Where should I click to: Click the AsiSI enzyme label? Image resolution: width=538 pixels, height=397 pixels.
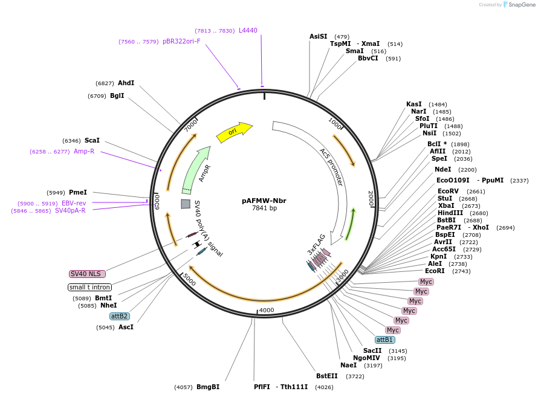click(x=318, y=36)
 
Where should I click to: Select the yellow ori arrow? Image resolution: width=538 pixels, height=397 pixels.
click(x=234, y=132)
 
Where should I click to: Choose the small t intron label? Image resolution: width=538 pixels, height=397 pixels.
click(x=89, y=287)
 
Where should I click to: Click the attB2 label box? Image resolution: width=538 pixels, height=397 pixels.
click(x=119, y=316)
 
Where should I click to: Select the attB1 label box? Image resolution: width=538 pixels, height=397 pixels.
click(x=384, y=340)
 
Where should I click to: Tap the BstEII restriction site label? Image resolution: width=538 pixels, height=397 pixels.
click(x=327, y=376)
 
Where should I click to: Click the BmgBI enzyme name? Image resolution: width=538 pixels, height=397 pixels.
click(x=208, y=387)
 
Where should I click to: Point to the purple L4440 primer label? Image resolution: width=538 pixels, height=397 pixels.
click(x=248, y=30)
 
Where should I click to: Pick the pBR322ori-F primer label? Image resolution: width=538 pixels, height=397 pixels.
click(x=181, y=41)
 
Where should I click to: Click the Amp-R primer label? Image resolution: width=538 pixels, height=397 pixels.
click(x=84, y=151)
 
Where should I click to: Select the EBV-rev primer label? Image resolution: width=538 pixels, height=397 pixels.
click(x=74, y=203)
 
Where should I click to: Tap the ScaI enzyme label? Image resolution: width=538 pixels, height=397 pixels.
click(x=92, y=140)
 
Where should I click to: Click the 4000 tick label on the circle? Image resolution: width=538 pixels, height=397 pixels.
click(x=267, y=310)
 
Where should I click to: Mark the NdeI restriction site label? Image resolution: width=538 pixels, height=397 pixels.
click(x=442, y=169)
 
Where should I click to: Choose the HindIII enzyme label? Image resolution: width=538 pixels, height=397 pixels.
click(x=450, y=213)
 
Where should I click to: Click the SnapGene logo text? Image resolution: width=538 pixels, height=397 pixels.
click(x=521, y=5)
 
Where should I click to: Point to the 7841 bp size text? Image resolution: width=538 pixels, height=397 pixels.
click(x=264, y=208)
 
